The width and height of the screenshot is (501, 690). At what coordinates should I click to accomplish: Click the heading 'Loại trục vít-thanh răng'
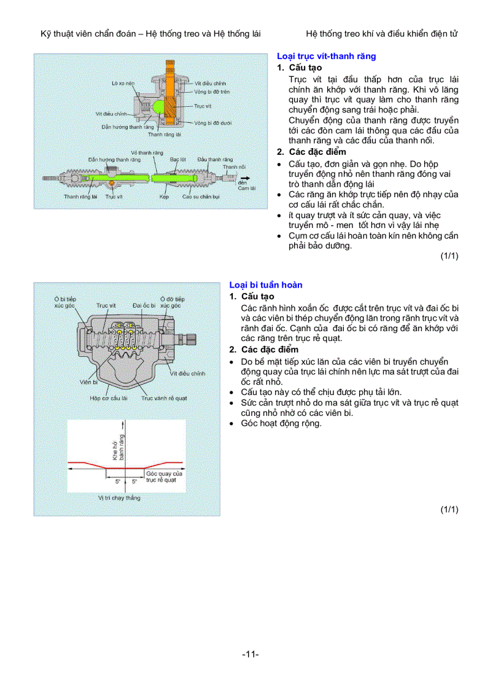[x=326, y=56]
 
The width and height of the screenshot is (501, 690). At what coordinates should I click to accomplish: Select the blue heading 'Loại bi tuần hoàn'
[x=266, y=285]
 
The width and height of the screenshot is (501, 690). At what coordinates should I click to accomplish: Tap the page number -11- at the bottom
[x=251, y=654]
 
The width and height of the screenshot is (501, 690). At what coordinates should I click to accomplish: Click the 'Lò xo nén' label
[x=122, y=82]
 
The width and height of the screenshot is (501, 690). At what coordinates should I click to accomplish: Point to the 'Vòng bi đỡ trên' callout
[x=212, y=91]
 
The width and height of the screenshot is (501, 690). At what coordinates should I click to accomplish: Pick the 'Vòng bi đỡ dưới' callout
[x=212, y=123]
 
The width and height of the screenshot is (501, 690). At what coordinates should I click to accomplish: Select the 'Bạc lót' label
[x=179, y=159]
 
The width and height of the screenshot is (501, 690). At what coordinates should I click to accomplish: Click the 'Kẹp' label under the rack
[x=164, y=197]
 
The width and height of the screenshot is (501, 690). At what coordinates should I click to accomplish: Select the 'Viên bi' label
[x=88, y=382]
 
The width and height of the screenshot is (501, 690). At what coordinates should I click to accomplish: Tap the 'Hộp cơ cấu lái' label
[x=109, y=398]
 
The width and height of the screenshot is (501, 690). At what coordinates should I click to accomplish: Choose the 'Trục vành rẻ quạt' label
[x=164, y=398]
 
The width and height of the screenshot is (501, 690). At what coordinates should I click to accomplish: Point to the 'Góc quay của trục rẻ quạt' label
[x=164, y=477]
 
